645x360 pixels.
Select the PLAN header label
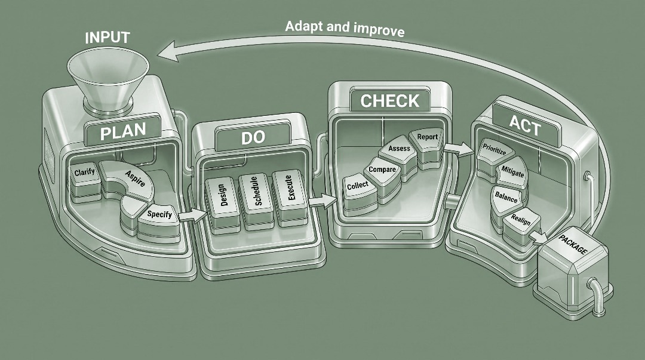pyautogui.click(x=122, y=131)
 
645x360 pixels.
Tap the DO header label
pyautogui.click(x=253, y=137)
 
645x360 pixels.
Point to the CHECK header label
pyautogui.click(x=389, y=101)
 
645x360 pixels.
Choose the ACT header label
pyautogui.click(x=526, y=125)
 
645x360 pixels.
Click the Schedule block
pyautogui.click(x=256, y=201)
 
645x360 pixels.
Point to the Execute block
pyautogui.click(x=290, y=198)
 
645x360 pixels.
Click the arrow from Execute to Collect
pyautogui.click(x=322, y=201)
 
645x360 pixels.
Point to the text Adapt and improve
pyautogui.click(x=345, y=29)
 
